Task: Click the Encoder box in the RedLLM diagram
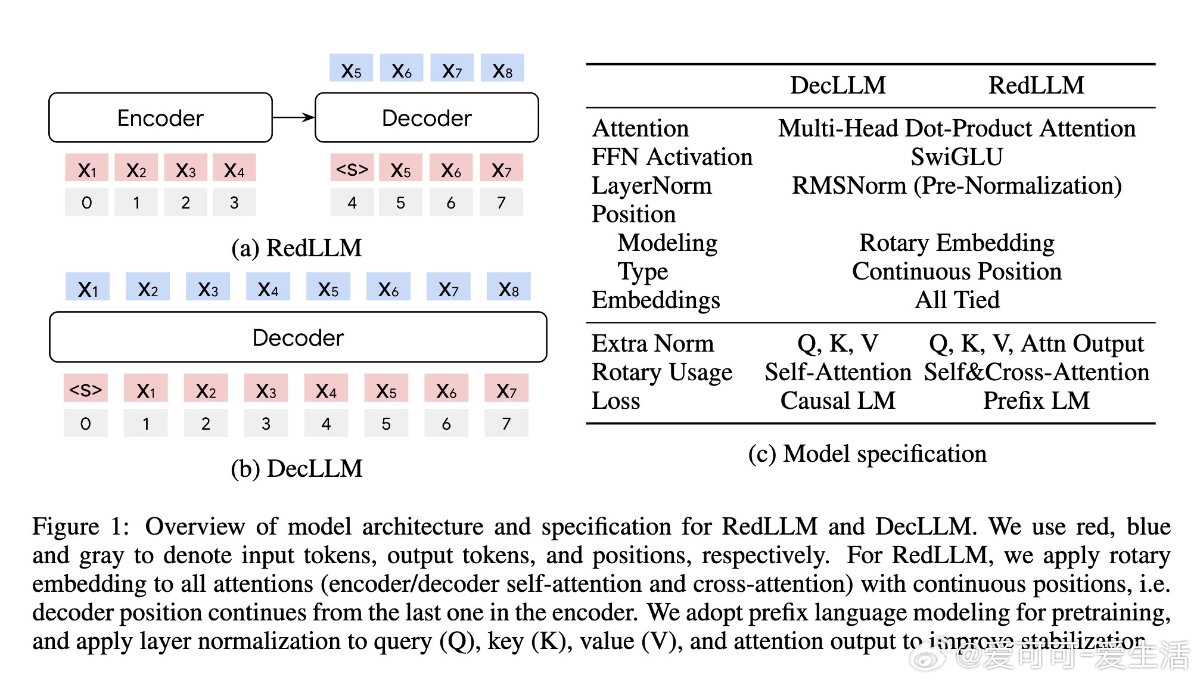point(160,118)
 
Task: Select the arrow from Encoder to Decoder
point(293,117)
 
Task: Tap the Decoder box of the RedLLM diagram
point(427,118)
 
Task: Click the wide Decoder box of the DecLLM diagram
point(298,337)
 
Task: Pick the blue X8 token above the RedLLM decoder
point(502,69)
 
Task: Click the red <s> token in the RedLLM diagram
point(352,169)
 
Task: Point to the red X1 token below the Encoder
point(87,169)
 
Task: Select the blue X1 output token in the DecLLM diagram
point(88,288)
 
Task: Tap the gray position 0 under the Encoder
point(87,203)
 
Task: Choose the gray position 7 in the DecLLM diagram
point(506,423)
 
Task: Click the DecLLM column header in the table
point(838,86)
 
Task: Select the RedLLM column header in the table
point(1036,86)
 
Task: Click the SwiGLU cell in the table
point(957,157)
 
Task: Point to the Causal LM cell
point(838,401)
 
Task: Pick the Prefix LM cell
point(1036,401)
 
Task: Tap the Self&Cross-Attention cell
point(1036,372)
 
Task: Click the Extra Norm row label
point(652,344)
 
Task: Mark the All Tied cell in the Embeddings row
point(957,300)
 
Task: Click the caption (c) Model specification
point(867,454)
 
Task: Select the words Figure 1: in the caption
point(80,527)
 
